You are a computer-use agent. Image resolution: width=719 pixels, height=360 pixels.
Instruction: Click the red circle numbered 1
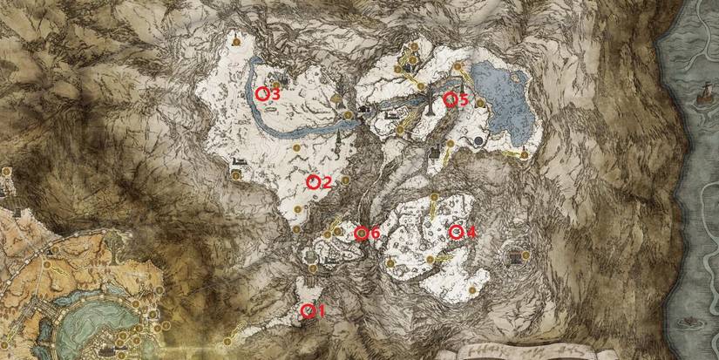click(306, 311)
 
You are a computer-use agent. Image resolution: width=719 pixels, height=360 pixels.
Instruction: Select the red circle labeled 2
click(314, 182)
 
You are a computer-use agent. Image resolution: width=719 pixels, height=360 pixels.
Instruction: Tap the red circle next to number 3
click(261, 93)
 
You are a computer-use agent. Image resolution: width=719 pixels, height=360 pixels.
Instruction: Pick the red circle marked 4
click(455, 232)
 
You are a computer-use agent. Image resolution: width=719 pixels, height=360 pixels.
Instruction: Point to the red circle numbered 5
click(451, 99)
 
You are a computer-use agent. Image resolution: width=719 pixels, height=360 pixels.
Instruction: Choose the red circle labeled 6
click(360, 233)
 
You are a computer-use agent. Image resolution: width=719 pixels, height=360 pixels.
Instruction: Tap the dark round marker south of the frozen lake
click(478, 139)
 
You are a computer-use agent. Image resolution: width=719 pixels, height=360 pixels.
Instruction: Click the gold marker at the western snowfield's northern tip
click(235, 39)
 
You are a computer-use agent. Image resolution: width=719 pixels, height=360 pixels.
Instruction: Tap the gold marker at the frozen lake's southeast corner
click(524, 155)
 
